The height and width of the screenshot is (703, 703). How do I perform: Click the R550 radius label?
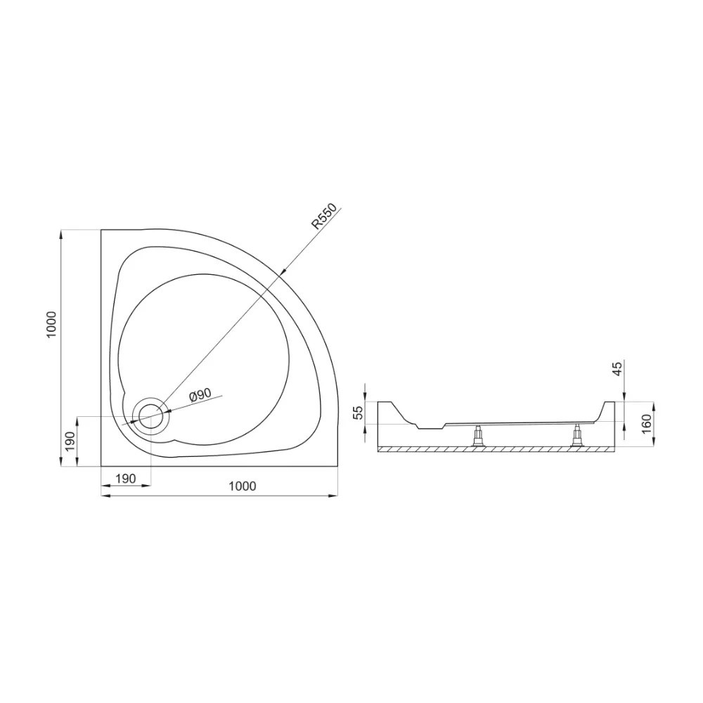[x=325, y=216]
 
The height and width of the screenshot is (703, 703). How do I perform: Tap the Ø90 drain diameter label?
[x=200, y=394]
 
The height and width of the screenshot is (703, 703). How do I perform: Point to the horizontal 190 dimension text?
[x=126, y=478]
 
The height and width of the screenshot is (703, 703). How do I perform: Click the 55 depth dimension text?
[x=359, y=413]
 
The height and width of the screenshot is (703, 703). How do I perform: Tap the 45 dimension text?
[x=617, y=368]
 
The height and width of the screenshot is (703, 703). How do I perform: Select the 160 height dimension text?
[x=646, y=424]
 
